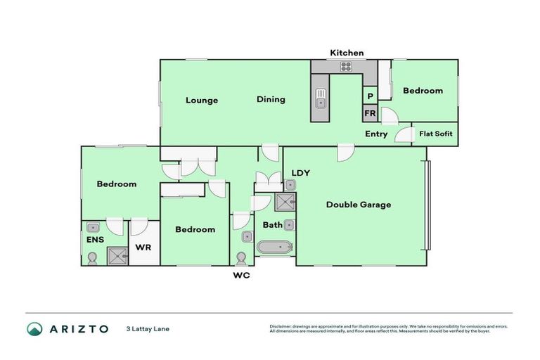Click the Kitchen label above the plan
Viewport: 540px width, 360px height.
[x=347, y=53]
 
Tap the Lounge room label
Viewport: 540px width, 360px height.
[x=202, y=100]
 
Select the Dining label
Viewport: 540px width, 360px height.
[x=271, y=99]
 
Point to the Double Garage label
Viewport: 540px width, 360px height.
[x=359, y=205]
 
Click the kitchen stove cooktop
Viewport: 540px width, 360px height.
[x=346, y=67]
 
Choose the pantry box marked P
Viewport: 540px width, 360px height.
[x=370, y=96]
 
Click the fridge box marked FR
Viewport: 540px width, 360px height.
[x=370, y=113]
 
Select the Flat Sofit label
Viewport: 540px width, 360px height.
[x=436, y=134]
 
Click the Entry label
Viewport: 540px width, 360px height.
[x=376, y=134]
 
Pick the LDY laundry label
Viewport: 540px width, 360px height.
[x=301, y=172]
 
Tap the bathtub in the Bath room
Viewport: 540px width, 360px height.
[x=272, y=247]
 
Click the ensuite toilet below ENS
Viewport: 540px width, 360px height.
[x=92, y=258]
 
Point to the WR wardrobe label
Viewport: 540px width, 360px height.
[x=143, y=247]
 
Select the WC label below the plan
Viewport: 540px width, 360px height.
[x=241, y=275]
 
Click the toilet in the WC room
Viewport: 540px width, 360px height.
[x=243, y=257]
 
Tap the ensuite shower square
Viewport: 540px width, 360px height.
[x=115, y=256]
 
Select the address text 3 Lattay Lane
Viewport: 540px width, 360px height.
[x=148, y=328]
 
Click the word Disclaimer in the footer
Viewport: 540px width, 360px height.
[x=281, y=326]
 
